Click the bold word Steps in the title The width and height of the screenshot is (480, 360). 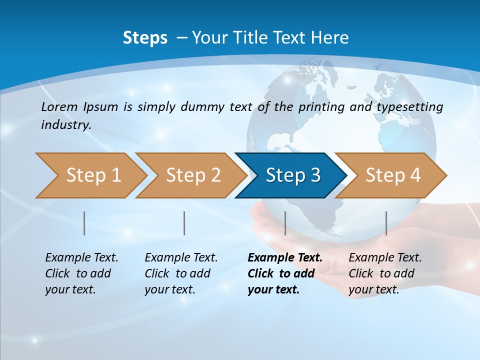145,38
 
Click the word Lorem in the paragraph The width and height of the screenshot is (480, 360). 59,106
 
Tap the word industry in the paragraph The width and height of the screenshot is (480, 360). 65,124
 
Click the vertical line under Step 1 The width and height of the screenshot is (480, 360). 84,223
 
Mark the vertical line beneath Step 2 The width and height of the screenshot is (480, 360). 184,223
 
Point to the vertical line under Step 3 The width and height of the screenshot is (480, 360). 285,223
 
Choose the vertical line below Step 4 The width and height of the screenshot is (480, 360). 386,223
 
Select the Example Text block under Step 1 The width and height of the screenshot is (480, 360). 81,273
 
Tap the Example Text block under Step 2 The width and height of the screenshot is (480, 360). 181,273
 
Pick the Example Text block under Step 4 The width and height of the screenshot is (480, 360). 385,273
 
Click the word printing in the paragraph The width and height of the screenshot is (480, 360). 321,107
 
